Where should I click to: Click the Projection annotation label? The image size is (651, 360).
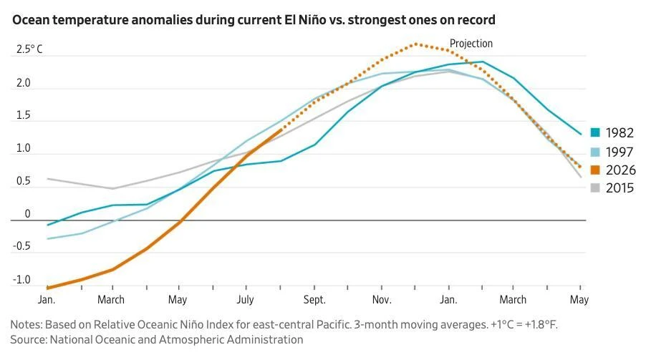[x=471, y=44]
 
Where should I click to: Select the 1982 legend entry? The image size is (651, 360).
[x=612, y=132]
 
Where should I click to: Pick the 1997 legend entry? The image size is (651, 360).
[x=612, y=152]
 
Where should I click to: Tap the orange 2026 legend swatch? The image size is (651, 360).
[x=595, y=170]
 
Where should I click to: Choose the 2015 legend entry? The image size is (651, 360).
[x=612, y=188]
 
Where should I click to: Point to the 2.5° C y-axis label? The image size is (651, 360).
[x=29, y=49]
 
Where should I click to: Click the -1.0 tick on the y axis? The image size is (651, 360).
[x=21, y=280]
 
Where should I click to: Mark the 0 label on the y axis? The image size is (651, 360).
[x=27, y=214]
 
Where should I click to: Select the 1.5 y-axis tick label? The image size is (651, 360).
[x=23, y=115]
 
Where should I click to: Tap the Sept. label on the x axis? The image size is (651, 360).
[x=314, y=299]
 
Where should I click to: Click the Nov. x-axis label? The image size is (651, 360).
[x=382, y=299]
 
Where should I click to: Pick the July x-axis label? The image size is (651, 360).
[x=246, y=299]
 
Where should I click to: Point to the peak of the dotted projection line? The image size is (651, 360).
[x=415, y=44]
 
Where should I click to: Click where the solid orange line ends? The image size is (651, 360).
[x=281, y=130]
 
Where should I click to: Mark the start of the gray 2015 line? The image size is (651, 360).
[x=47, y=179]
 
